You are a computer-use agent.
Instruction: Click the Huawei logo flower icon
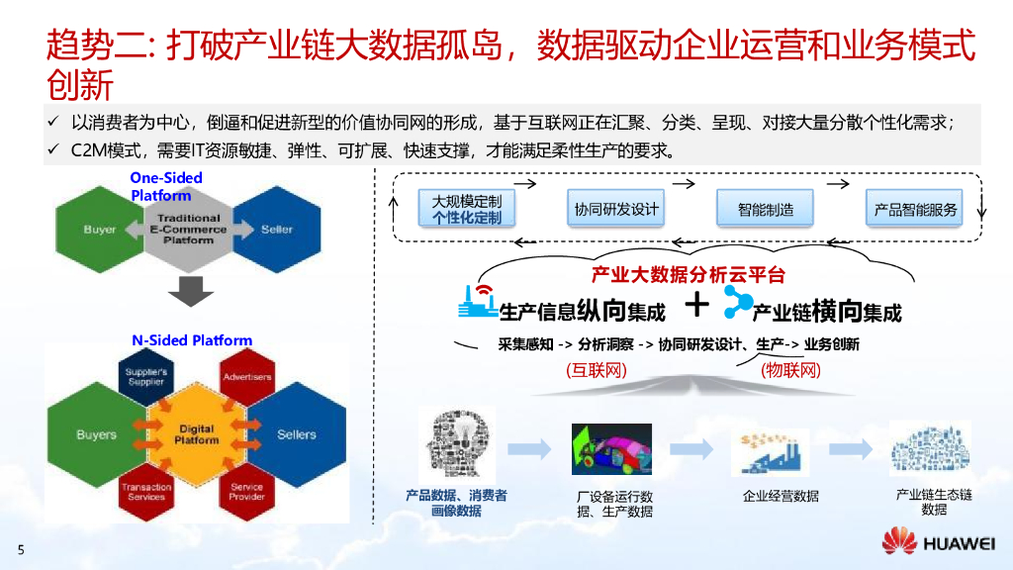pyautogui.click(x=898, y=542)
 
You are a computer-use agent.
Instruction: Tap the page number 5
pyautogui.click(x=21, y=549)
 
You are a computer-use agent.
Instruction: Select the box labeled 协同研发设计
pyautogui.click(x=615, y=209)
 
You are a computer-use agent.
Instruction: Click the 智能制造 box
pyautogui.click(x=765, y=209)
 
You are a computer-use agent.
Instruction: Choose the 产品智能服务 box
pyautogui.click(x=915, y=209)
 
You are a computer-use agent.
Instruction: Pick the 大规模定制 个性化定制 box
pyautogui.click(x=467, y=209)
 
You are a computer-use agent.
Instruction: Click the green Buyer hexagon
pyautogui.click(x=100, y=230)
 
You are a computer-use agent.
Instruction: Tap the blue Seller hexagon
pyautogui.click(x=277, y=230)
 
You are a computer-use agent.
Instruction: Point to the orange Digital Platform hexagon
pyautogui.click(x=196, y=434)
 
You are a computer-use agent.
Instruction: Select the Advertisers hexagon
pyautogui.click(x=246, y=378)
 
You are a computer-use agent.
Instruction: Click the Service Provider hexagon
pyautogui.click(x=246, y=491)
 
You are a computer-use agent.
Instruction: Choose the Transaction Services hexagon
pyautogui.click(x=146, y=491)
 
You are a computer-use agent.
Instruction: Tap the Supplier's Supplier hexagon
pyautogui.click(x=146, y=378)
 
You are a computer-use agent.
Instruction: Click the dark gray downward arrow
pyautogui.click(x=190, y=292)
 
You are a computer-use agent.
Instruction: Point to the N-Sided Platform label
pyautogui.click(x=192, y=340)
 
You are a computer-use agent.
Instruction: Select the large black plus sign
pyautogui.click(x=697, y=305)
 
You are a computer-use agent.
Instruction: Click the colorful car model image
pyautogui.click(x=611, y=448)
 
